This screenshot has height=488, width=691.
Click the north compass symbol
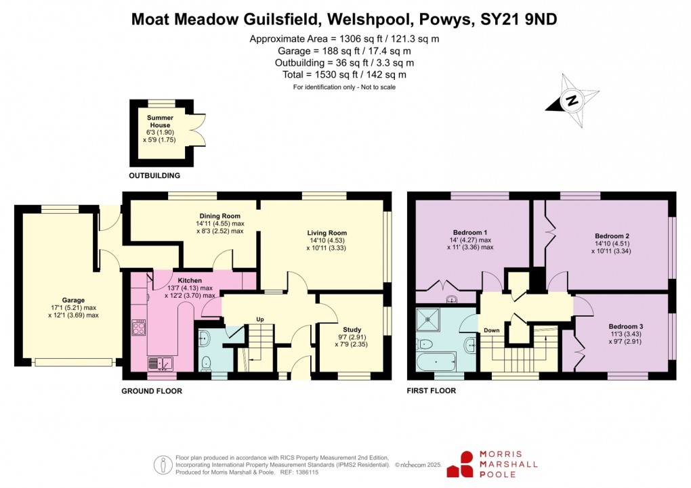[x=572, y=102]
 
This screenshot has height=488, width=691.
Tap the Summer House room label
[x=160, y=122]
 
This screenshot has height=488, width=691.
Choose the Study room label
[x=352, y=330]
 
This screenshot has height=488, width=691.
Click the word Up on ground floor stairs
[x=259, y=319]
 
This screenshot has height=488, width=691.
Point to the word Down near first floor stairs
[x=491, y=331]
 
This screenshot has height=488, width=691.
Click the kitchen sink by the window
[x=162, y=364]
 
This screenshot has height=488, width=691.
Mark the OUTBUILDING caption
[x=154, y=176]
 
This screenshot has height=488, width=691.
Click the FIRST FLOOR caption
[x=431, y=391]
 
